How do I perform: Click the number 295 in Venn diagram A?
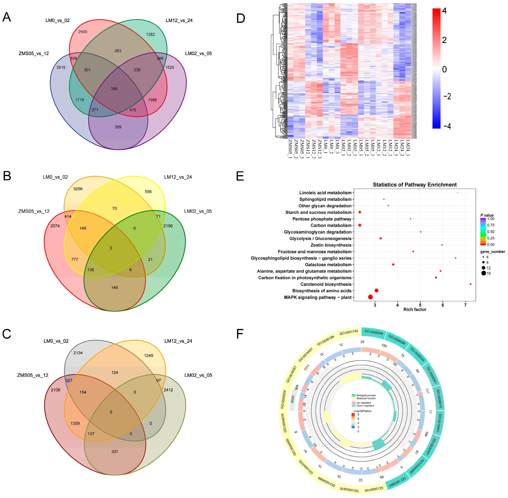[114, 89]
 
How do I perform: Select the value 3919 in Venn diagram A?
[61, 67]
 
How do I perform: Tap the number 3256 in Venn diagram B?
[78, 189]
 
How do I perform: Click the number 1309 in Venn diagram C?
[75, 423]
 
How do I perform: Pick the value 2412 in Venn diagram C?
[168, 390]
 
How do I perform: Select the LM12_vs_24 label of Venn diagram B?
[178, 177]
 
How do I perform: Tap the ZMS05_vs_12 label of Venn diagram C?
[33, 375]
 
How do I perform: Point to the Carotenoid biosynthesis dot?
[470, 284]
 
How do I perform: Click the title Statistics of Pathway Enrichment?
[415, 185]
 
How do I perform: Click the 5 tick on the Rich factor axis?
[420, 305]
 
